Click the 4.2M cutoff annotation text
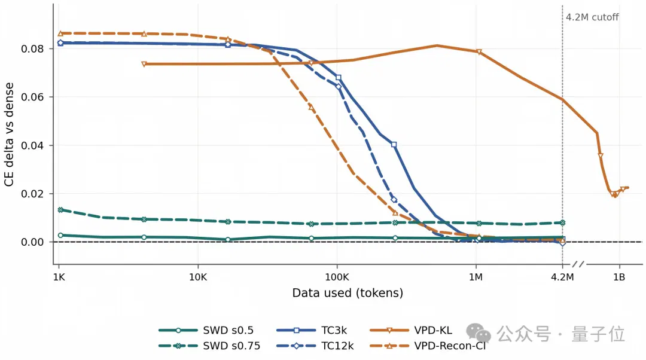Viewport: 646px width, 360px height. (x=592, y=17)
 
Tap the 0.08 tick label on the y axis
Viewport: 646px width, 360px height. (x=32, y=48)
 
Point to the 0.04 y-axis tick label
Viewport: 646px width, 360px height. (x=32, y=145)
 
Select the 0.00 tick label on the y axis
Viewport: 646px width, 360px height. (x=32, y=242)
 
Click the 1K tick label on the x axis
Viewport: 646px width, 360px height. (x=59, y=277)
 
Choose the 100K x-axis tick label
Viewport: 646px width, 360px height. (x=337, y=277)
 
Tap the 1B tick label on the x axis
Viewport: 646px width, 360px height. (x=619, y=277)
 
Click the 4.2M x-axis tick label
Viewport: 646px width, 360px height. (x=562, y=277)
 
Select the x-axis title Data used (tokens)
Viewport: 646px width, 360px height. (x=348, y=293)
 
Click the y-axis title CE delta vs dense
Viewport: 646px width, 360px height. (x=9, y=135)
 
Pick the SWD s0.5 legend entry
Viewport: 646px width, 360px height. (x=206, y=330)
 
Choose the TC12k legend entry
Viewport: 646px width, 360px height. (x=315, y=346)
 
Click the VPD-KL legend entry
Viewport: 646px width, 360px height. (x=411, y=330)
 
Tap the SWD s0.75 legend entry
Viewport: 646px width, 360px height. (x=209, y=346)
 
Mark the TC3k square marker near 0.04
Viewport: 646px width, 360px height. (x=394, y=145)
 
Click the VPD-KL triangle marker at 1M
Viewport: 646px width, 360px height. (x=479, y=52)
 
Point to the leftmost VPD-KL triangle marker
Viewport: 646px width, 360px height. (x=144, y=64)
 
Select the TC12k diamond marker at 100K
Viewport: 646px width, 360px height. (x=339, y=87)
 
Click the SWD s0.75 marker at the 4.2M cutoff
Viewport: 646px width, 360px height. (x=562, y=223)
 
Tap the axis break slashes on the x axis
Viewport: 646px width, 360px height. (x=578, y=264)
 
